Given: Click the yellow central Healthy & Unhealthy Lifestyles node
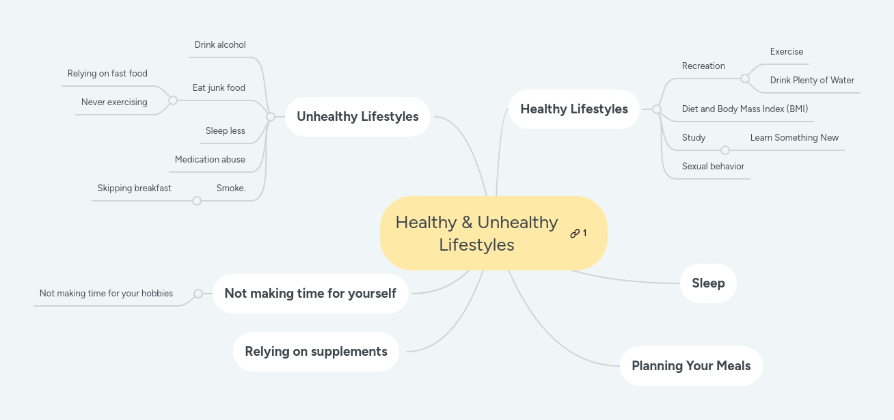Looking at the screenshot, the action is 493,234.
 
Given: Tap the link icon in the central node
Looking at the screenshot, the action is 575,234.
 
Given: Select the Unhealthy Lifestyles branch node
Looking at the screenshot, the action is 357,117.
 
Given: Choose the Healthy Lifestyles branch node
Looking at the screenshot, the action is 574,109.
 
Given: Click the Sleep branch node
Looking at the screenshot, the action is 708,283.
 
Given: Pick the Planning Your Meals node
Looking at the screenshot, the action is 691,366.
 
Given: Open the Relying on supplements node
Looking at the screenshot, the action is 316,352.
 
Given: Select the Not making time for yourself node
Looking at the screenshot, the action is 310,293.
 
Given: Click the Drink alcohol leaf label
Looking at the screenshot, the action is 220,44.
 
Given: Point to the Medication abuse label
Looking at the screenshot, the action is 210,160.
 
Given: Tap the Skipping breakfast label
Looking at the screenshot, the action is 134,188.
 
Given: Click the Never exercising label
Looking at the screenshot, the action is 114,102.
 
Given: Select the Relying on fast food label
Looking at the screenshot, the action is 107,73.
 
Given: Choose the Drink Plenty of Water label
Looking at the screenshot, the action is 812,80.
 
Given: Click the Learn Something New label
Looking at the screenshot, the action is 794,137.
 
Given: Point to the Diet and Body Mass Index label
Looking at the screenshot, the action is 745,109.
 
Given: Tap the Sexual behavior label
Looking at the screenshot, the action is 713,167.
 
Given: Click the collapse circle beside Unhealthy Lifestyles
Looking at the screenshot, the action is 271,117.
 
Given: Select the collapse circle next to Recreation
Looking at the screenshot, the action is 745,79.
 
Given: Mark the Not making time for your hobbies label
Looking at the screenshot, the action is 106,294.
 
